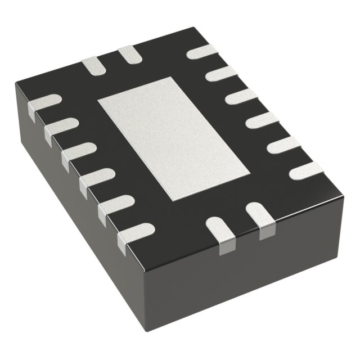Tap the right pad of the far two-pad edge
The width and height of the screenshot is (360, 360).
click(x=129, y=55)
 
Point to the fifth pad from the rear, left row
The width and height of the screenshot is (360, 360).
click(x=115, y=204)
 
